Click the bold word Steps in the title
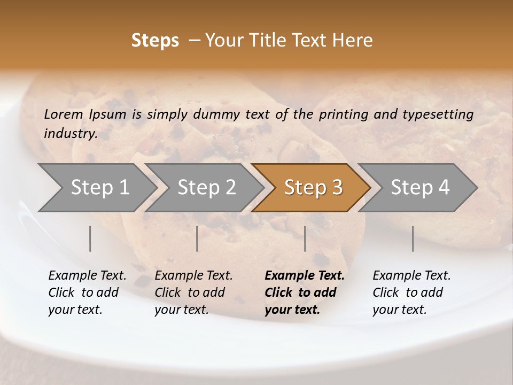155,41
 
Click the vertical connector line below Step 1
90,238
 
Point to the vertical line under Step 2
197,238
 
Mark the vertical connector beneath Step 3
305,238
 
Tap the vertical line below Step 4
413,238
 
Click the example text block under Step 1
87,292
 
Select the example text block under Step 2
193,292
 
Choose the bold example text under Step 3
305,292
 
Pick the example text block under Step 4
411,292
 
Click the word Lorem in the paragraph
64,114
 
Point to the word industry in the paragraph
70,134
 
